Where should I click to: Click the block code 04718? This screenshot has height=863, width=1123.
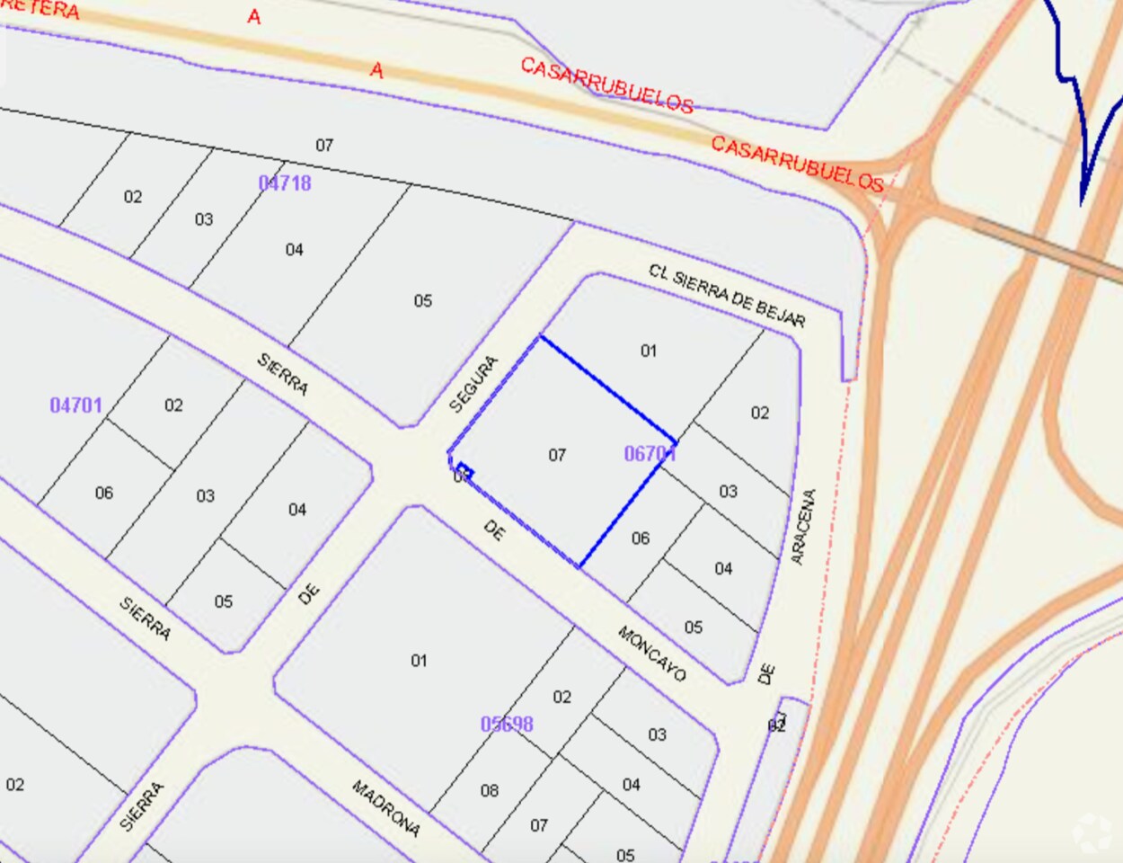point(285,183)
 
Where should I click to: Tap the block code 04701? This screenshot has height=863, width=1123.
point(75,405)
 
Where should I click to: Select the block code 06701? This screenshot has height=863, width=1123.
point(650,454)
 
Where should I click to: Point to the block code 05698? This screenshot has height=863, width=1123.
point(507,724)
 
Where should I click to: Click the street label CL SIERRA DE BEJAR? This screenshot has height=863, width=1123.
point(727,296)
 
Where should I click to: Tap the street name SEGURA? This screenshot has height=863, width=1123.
point(473,385)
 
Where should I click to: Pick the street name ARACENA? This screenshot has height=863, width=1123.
point(803,526)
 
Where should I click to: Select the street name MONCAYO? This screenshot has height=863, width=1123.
point(651,653)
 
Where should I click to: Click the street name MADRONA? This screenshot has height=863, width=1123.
point(385,807)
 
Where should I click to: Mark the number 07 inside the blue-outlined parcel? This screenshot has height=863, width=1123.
point(557,456)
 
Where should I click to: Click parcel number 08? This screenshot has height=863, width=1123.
point(489,791)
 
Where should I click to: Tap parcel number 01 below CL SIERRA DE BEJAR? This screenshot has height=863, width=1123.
point(649,351)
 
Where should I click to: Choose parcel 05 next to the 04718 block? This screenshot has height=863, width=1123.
point(423,301)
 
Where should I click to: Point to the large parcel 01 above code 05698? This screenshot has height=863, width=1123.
point(419,661)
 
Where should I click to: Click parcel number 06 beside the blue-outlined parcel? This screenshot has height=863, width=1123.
point(640,538)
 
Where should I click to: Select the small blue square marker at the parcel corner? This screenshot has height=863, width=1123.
point(464,469)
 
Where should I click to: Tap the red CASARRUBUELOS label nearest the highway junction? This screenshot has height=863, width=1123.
point(797,164)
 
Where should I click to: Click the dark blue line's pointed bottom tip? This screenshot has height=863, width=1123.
point(1083,203)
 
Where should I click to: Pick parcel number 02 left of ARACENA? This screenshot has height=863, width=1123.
point(760,413)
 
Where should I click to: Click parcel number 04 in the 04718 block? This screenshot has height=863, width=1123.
point(295,250)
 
